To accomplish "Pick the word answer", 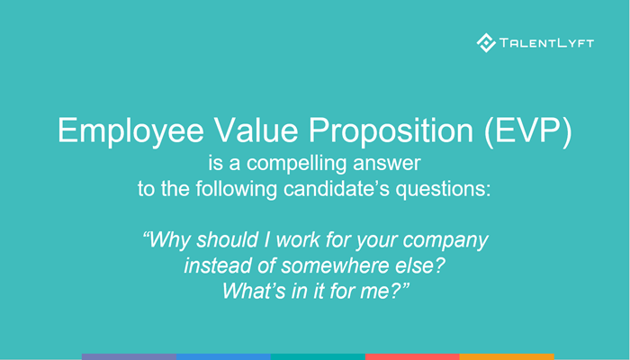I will (x=391, y=166).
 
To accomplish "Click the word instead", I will (x=215, y=266).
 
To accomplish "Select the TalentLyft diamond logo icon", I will (x=486, y=41).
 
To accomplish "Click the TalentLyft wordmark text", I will (x=547, y=42).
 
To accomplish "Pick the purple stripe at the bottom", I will (x=129, y=356).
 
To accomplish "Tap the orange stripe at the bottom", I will (x=506, y=356).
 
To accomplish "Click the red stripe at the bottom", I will (x=412, y=356).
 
